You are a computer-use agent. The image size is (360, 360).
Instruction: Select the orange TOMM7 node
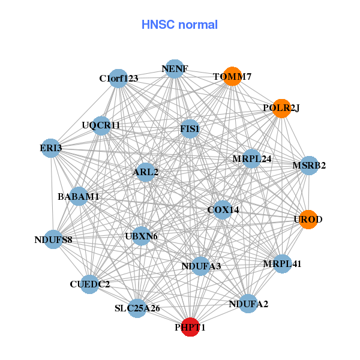click(x=232, y=76)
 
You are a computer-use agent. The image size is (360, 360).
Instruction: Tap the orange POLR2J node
click(x=281, y=108)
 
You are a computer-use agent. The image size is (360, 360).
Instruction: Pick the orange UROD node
click(x=308, y=219)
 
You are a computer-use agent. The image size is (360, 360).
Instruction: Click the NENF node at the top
click(x=174, y=69)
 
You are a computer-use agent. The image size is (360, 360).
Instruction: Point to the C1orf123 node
click(x=119, y=79)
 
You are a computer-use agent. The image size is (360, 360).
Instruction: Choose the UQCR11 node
click(x=102, y=125)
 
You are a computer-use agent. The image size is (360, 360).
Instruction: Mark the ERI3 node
click(x=52, y=148)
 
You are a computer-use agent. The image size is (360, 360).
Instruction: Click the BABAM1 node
click(x=79, y=196)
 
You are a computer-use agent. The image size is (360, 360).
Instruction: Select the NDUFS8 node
click(x=53, y=240)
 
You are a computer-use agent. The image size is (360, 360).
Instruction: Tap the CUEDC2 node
click(x=89, y=284)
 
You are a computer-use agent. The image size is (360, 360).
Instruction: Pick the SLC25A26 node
click(x=137, y=308)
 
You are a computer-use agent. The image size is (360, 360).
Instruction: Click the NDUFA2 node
click(x=248, y=304)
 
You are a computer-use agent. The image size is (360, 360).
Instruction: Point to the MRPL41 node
click(x=282, y=263)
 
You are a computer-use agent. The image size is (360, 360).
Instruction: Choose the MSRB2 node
click(x=308, y=165)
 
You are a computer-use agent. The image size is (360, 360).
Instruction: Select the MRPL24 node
click(x=252, y=159)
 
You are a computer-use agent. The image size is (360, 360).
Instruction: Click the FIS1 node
click(x=190, y=128)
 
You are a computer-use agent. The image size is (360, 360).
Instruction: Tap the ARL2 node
click(x=146, y=172)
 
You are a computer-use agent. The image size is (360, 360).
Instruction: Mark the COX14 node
click(x=223, y=210)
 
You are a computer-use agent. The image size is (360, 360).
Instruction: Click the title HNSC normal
click(x=179, y=25)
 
